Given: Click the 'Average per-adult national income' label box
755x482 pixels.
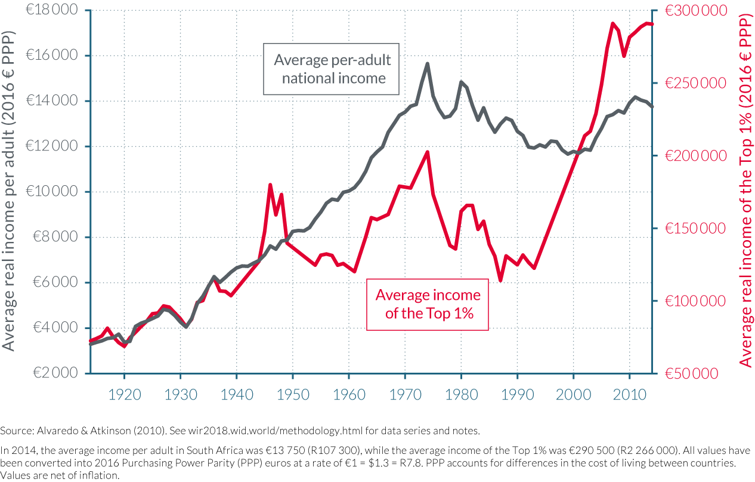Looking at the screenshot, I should pyautogui.click(x=332, y=69).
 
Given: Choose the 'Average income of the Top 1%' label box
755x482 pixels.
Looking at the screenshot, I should pyautogui.click(x=428, y=304).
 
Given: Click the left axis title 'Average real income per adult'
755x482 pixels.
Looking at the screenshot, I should pyautogui.click(x=10, y=191).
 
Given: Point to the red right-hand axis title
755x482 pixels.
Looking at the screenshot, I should pyautogui.click(x=745, y=191).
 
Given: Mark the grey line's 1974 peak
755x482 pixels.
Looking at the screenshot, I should pyautogui.click(x=428, y=63).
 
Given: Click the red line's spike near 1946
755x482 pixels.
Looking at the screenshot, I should pyautogui.click(x=270, y=185).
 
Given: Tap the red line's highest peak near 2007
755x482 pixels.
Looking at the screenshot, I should pyautogui.click(x=612, y=23).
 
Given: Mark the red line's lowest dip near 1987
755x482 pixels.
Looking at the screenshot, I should pyautogui.click(x=500, y=280).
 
